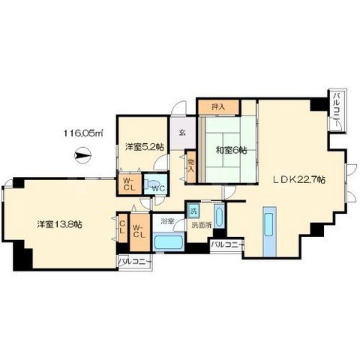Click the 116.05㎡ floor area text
coord(83,133)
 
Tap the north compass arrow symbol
coord(83,155)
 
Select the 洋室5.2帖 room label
coord(145,147)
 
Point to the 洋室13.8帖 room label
coord(60,224)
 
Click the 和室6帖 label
coord(232,150)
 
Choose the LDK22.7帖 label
coord(298,179)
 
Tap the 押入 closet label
coord(218,107)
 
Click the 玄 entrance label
coord(182,133)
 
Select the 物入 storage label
coord(191,165)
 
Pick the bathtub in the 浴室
coord(168,242)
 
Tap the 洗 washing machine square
coord(193,211)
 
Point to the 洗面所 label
coord(202,225)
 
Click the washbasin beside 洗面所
coord(219,216)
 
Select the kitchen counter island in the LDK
coord(269,232)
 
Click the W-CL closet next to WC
coord(130,184)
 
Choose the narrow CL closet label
coord(122,227)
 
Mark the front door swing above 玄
coord(178,108)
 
